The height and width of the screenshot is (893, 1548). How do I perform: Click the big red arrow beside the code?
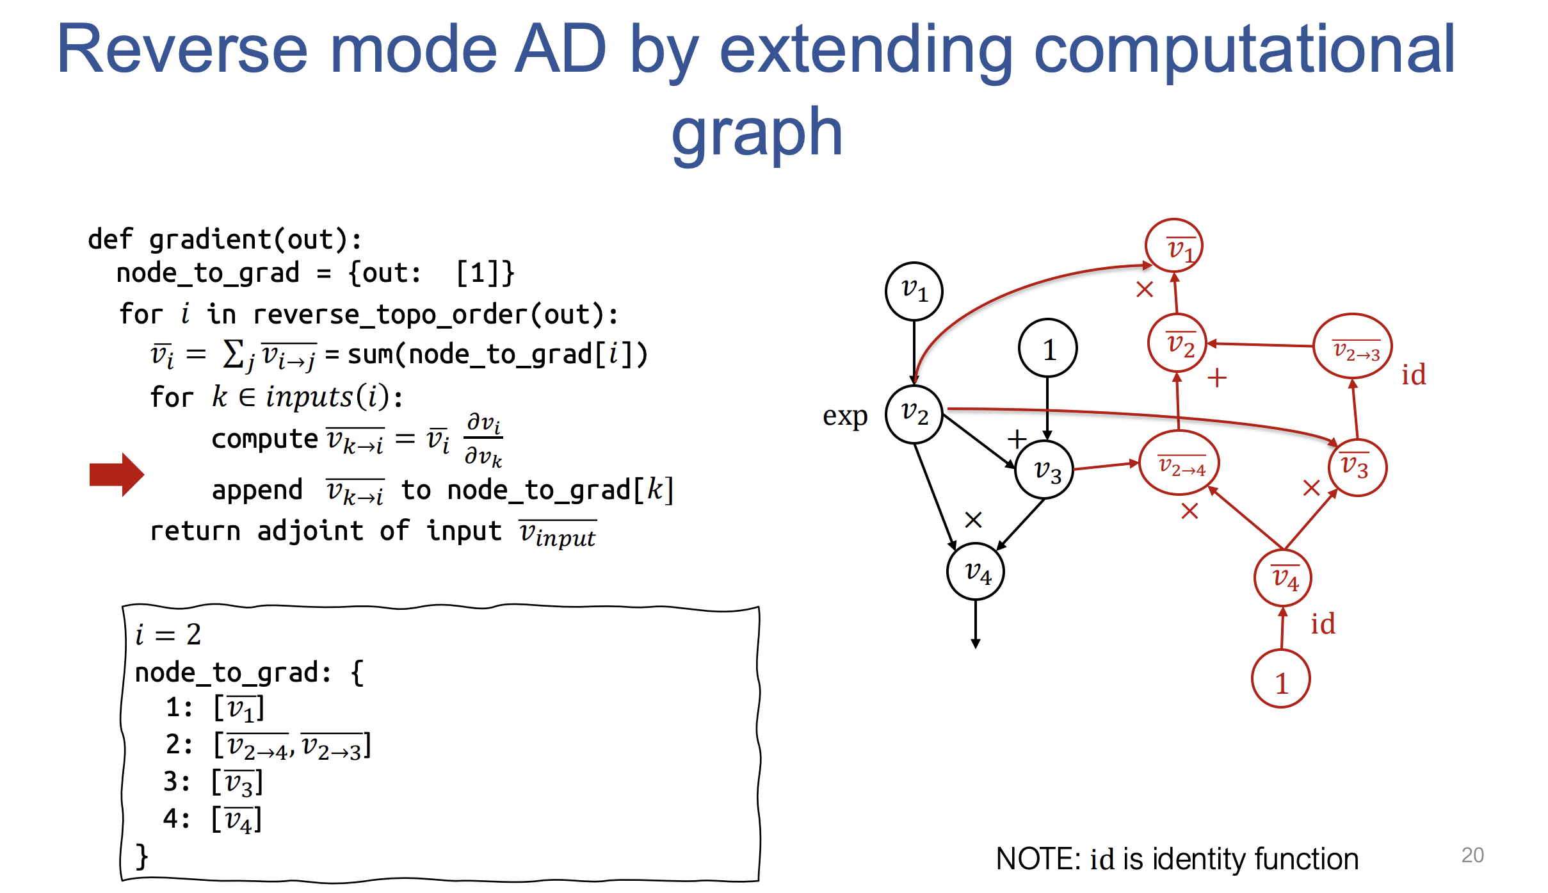click(117, 475)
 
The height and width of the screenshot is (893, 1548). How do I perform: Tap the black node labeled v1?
click(914, 291)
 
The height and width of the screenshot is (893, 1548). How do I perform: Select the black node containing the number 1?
click(1047, 348)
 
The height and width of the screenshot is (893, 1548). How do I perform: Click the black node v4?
click(975, 571)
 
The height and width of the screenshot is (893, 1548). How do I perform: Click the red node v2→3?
click(1353, 347)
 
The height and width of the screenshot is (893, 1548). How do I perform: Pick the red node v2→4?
click(1179, 463)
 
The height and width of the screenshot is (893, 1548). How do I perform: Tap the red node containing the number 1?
click(1280, 679)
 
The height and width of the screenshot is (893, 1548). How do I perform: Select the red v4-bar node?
click(1283, 578)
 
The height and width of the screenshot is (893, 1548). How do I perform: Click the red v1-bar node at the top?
click(1173, 245)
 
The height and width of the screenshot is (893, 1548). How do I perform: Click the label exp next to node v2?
click(845, 416)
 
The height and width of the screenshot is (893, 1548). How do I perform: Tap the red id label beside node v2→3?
click(1414, 375)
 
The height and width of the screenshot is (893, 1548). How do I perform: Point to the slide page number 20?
click(1472, 855)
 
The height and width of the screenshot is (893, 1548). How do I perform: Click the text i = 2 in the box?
click(168, 634)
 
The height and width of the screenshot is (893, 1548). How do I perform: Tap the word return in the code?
click(195, 531)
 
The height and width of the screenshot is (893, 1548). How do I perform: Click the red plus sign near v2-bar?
click(1216, 377)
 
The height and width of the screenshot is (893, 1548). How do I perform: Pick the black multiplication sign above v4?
click(973, 520)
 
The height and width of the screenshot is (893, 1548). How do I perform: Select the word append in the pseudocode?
click(257, 490)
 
